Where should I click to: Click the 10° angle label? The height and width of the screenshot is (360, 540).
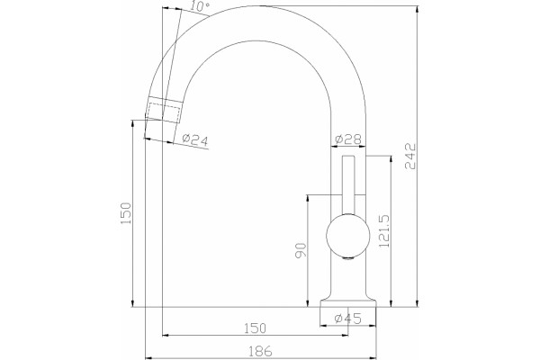click(x=201, y=6)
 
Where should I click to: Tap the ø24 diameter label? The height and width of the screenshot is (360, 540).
click(x=195, y=139)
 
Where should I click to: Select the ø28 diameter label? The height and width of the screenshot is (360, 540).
click(x=348, y=139)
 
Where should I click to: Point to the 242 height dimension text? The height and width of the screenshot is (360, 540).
click(x=410, y=157)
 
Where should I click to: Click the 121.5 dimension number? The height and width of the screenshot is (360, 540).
click(x=383, y=230)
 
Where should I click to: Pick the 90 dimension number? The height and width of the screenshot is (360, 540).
click(x=301, y=250)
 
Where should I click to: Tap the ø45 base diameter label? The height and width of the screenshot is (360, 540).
click(x=348, y=319)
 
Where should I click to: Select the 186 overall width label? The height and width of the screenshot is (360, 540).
click(x=260, y=351)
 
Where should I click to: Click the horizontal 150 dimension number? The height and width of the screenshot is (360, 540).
click(x=256, y=328)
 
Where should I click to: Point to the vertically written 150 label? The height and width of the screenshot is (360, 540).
click(x=126, y=213)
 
